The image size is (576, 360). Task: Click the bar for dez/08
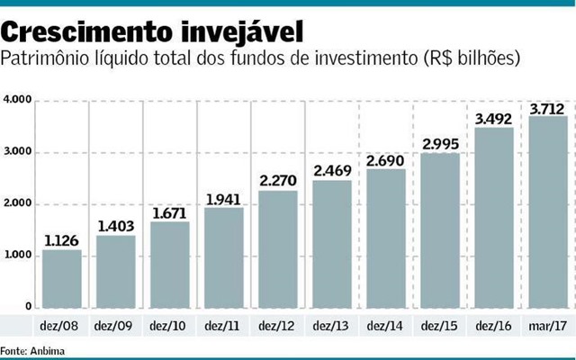click(62, 279)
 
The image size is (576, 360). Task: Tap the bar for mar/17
click(548, 212)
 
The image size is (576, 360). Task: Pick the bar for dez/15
click(440, 230)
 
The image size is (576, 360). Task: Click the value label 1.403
click(116, 226)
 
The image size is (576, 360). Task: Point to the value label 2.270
click(278, 180)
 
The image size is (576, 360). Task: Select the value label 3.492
click(494, 117)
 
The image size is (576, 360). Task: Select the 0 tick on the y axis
click(29, 308)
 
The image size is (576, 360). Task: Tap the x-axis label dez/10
click(169, 326)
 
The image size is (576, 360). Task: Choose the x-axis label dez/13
click(331, 326)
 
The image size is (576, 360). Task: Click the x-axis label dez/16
click(493, 326)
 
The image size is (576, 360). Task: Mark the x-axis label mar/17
click(547, 326)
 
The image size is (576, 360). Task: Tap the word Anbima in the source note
click(47, 351)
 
